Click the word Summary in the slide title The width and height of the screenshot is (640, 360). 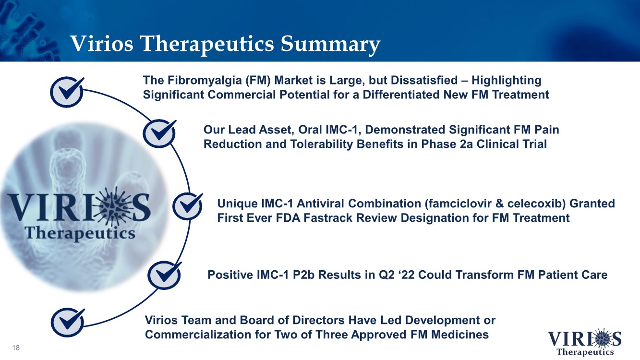coord(330,44)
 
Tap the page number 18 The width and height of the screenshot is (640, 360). coord(16,348)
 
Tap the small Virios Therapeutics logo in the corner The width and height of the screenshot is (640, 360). coord(584,342)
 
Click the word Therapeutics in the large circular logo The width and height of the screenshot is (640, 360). coord(80,234)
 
